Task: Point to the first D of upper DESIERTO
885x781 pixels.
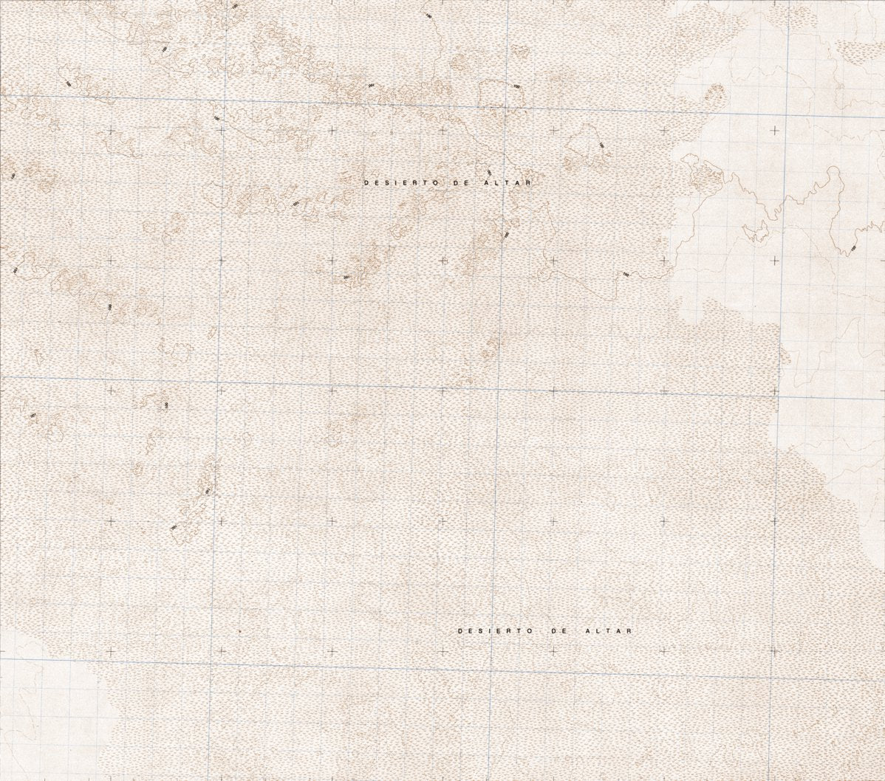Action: pos(366,181)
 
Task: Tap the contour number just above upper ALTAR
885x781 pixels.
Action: pos(489,152)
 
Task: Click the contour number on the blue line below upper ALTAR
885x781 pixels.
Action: pos(506,235)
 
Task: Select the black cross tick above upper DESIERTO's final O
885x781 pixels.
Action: pos(442,130)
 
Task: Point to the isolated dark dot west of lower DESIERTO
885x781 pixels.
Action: pos(240,632)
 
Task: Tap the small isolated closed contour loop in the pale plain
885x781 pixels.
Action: pos(756,232)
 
